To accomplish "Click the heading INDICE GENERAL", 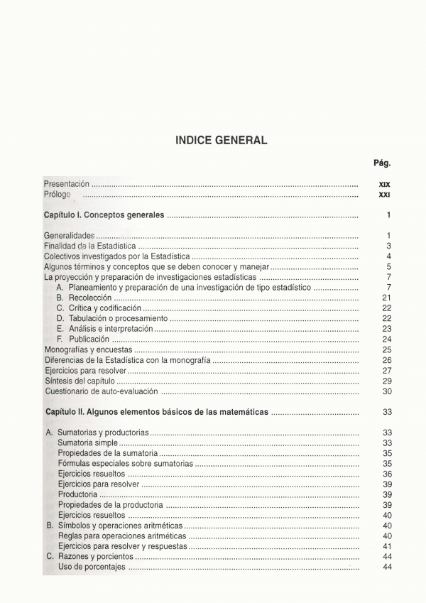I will tap(221, 141).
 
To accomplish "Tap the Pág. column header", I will tap(382, 163).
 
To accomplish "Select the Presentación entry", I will tap(67, 184).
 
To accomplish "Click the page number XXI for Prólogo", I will tap(384, 195).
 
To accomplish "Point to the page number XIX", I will tap(384, 184).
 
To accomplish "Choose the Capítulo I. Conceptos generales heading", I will tap(104, 214).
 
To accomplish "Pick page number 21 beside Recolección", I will tap(386, 298).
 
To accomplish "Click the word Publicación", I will tap(89, 339).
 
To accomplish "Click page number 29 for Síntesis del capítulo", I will tap(387, 381).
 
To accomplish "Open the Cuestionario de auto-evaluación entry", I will tap(101, 391).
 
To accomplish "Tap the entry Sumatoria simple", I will tap(87, 443).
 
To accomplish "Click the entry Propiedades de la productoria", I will tap(110, 505).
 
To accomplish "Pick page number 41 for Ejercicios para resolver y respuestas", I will tap(387, 546).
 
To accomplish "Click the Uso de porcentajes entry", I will tap(92, 567).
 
